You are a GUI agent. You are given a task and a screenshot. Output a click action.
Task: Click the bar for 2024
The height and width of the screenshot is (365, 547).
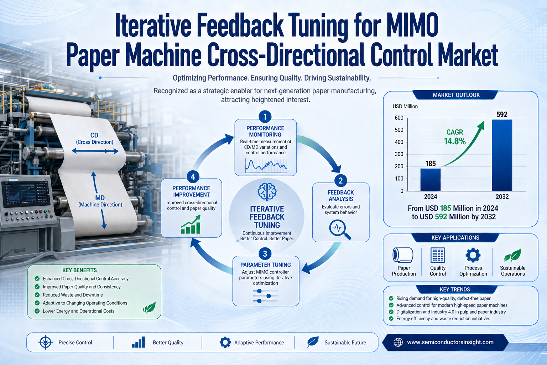tap(430, 180)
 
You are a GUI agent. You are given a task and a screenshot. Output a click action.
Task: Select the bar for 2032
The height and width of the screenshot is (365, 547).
tap(502, 155)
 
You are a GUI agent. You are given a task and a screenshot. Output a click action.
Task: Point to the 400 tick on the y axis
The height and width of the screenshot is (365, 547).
tap(399, 142)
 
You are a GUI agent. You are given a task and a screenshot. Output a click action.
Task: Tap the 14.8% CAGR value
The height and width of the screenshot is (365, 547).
tap(455, 141)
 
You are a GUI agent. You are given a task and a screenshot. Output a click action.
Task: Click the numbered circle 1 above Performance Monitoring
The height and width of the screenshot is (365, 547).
tap(265, 117)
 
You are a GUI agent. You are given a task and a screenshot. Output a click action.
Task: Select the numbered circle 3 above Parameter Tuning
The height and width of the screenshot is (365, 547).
tap(265, 254)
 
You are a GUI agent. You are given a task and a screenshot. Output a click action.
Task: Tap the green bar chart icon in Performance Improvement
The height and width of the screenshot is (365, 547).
tap(191, 225)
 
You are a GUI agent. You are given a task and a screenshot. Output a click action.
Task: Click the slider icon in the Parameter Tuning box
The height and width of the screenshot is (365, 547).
tap(265, 296)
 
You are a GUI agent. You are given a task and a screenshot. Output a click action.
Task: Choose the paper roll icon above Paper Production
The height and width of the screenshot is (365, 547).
tap(403, 255)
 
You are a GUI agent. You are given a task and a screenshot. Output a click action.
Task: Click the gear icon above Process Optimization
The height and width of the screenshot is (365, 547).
tap(473, 255)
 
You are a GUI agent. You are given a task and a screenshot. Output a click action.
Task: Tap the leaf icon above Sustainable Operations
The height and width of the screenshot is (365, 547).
tap(513, 256)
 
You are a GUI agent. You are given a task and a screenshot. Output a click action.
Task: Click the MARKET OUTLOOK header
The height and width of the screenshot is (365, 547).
tap(456, 95)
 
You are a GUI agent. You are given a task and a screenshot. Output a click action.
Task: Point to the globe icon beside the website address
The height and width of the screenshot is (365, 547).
tap(398, 342)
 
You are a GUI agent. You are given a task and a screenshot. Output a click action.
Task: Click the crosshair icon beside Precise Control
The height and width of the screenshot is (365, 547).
tap(46, 342)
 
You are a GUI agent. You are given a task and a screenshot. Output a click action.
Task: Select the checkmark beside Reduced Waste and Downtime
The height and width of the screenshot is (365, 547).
tap(37, 295)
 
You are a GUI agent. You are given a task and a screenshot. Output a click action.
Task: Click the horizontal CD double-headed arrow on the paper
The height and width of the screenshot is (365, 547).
tap(95, 151)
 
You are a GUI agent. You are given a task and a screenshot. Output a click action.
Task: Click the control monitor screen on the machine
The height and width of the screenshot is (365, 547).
tap(26, 194)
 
